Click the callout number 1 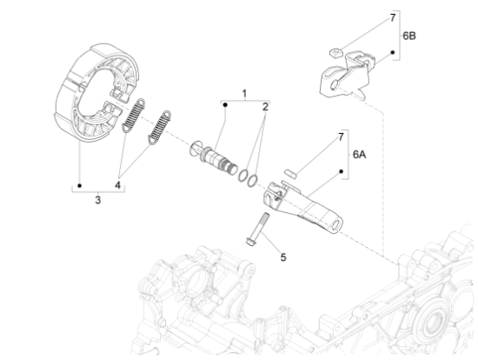click(x=244, y=93)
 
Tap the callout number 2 click(x=265, y=107)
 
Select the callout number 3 click(x=97, y=200)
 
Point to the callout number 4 click(x=117, y=185)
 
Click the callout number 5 click(x=283, y=257)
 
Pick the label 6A click(x=360, y=155)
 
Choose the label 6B click(x=409, y=36)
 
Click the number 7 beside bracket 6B click(x=393, y=17)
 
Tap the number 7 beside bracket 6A click(x=341, y=137)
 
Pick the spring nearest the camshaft click(x=159, y=127)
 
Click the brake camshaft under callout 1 click(x=214, y=158)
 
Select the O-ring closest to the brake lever click(x=252, y=180)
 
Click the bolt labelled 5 click(x=257, y=229)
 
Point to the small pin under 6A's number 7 click(x=290, y=173)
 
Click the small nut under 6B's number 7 click(x=335, y=53)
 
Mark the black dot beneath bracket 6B click(x=393, y=52)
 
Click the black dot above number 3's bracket click(x=80, y=185)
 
